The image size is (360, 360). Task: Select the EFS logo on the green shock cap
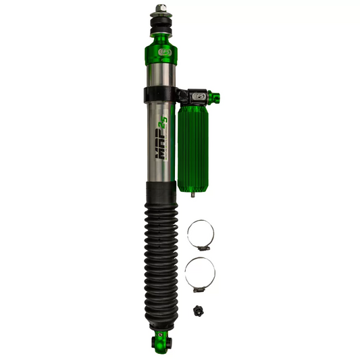pos(162,50)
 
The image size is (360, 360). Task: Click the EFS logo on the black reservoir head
pos(199,97)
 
